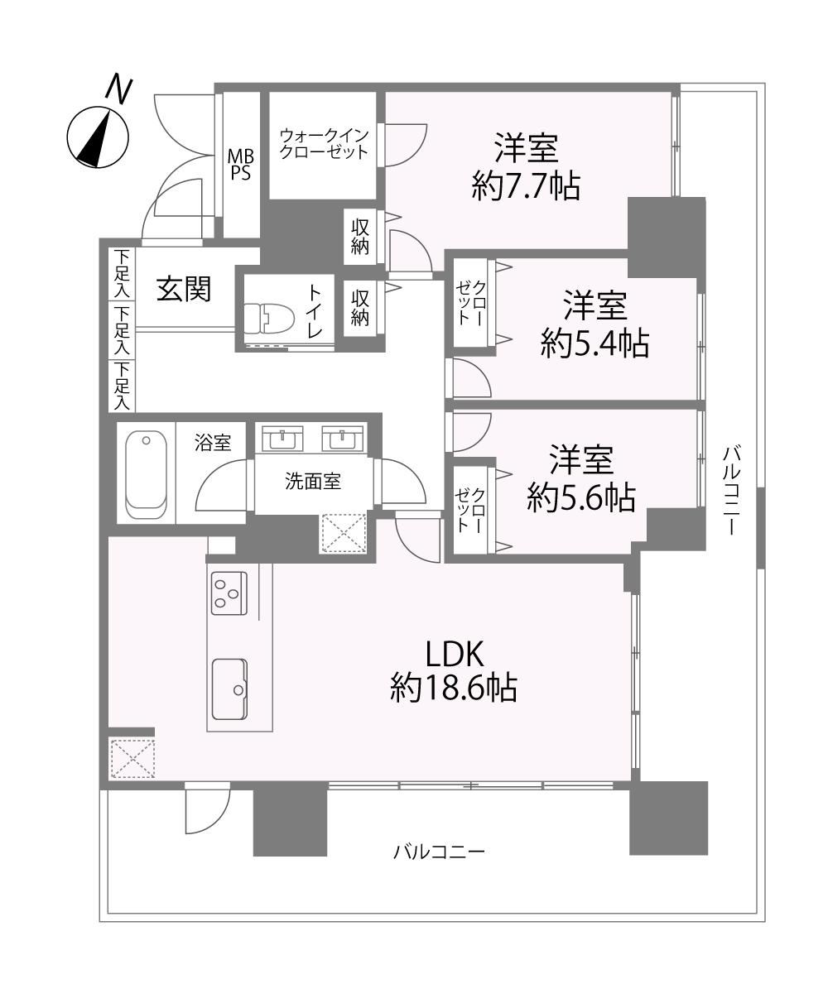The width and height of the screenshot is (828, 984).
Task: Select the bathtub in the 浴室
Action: click(x=147, y=474)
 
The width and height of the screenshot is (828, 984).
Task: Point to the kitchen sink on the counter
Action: click(x=229, y=689)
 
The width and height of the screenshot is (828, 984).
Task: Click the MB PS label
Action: click(x=240, y=164)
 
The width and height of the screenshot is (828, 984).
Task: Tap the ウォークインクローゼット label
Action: click(x=323, y=143)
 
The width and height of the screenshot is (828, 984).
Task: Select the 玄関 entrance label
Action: click(x=183, y=289)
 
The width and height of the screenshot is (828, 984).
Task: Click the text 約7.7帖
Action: click(x=526, y=185)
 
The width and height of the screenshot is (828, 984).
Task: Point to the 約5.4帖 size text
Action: click(x=595, y=343)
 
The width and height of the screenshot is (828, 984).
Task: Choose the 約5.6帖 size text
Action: click(x=581, y=498)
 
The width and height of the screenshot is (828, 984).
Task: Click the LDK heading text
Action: click(x=455, y=655)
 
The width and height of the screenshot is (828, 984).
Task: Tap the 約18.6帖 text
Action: click(x=453, y=687)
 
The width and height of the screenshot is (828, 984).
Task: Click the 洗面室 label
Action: click(x=313, y=482)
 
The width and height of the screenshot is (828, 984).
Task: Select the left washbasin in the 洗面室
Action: click(x=282, y=438)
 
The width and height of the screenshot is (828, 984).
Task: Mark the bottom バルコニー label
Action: click(x=439, y=852)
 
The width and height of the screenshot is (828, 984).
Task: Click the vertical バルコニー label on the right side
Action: click(x=730, y=490)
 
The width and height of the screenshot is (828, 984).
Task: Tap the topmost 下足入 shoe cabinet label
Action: click(x=122, y=274)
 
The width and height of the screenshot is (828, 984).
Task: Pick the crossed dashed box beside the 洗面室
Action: click(x=343, y=534)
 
